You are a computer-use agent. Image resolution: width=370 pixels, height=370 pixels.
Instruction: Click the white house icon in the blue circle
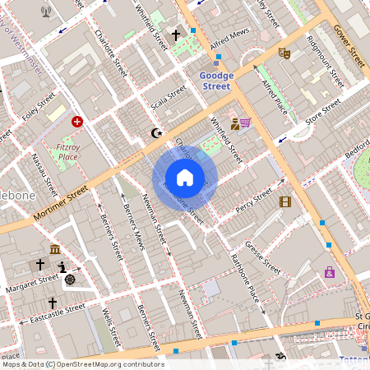pos(185,177)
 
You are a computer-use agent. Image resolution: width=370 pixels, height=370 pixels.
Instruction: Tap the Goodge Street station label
pos(217,81)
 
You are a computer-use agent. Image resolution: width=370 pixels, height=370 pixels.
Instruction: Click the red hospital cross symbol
pos(77,121)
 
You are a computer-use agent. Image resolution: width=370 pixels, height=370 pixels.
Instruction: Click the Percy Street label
pos(253,198)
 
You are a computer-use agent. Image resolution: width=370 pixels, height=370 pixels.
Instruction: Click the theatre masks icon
pos(285,53)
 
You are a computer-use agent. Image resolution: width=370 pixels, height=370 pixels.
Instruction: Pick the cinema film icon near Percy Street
pos(285,201)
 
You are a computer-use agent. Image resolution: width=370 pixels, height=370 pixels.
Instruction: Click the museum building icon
pos(54,249)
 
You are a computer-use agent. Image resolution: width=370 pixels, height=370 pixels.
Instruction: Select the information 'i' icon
pos(62,267)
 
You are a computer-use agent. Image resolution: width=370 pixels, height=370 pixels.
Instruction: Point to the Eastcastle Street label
pos(57,313)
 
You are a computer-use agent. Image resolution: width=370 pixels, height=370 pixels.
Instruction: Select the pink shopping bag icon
pos(330,272)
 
